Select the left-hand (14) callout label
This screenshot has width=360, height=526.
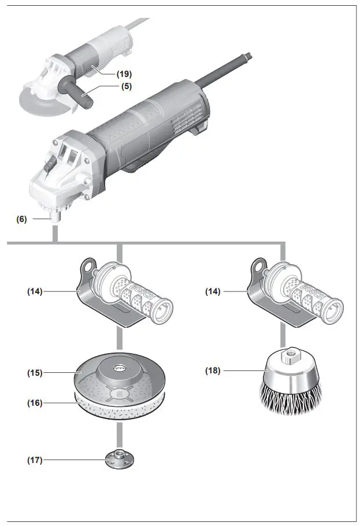[x=36, y=292]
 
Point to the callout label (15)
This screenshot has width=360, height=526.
[x=36, y=373]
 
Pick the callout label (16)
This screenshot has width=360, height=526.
[x=36, y=402]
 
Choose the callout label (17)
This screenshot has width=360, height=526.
[x=36, y=460]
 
